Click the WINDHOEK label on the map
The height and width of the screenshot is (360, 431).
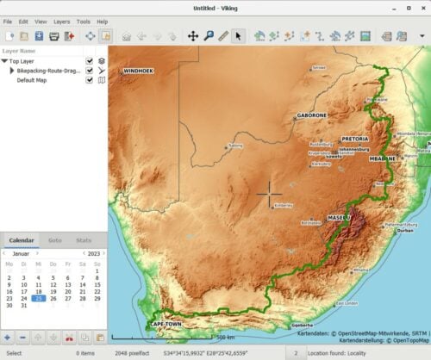pyautogui.click(x=139, y=70)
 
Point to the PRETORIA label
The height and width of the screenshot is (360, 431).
pyautogui.click(x=355, y=138)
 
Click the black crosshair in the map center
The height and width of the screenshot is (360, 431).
pyautogui.click(x=269, y=195)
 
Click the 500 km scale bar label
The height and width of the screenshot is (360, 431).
pyautogui.click(x=226, y=337)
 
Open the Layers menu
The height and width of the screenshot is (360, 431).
pyautogui.click(x=62, y=21)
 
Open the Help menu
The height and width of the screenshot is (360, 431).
pyautogui.click(x=103, y=21)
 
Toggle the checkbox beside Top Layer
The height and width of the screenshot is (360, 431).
pyautogui.click(x=90, y=61)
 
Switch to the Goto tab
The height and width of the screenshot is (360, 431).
pyautogui.click(x=54, y=240)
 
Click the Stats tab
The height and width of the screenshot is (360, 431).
pyautogui.click(x=84, y=240)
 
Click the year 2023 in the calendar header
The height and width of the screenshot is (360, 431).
pyautogui.click(x=94, y=253)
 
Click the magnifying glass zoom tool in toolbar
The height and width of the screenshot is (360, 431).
pyautogui.click(x=209, y=36)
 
